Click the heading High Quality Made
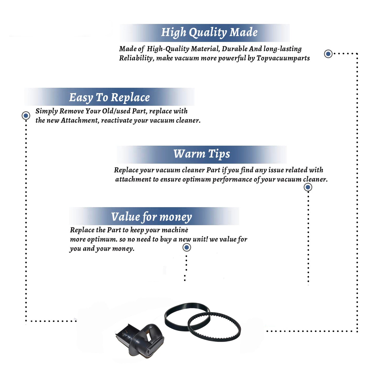pos(209,33)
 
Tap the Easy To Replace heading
pos(109,98)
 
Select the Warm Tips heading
pos(202,154)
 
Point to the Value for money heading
pos(152,217)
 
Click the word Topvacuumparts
pos(283,58)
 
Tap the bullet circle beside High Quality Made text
pos(328,54)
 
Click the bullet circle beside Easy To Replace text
pos(26,116)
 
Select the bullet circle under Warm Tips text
pos(308,187)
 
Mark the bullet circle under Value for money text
pos(187,248)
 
